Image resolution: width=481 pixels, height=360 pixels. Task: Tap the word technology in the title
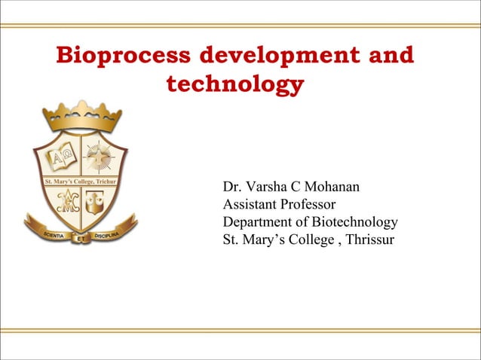(234, 85)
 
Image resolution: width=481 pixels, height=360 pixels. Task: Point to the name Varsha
(275, 186)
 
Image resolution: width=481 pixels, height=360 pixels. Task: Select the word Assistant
(251, 204)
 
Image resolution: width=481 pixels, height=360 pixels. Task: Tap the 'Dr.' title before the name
(232, 186)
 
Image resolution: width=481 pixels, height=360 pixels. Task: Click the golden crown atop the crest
(81, 115)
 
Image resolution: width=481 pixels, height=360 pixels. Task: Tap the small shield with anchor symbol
(99, 200)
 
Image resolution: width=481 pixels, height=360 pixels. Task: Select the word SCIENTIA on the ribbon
(51, 234)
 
